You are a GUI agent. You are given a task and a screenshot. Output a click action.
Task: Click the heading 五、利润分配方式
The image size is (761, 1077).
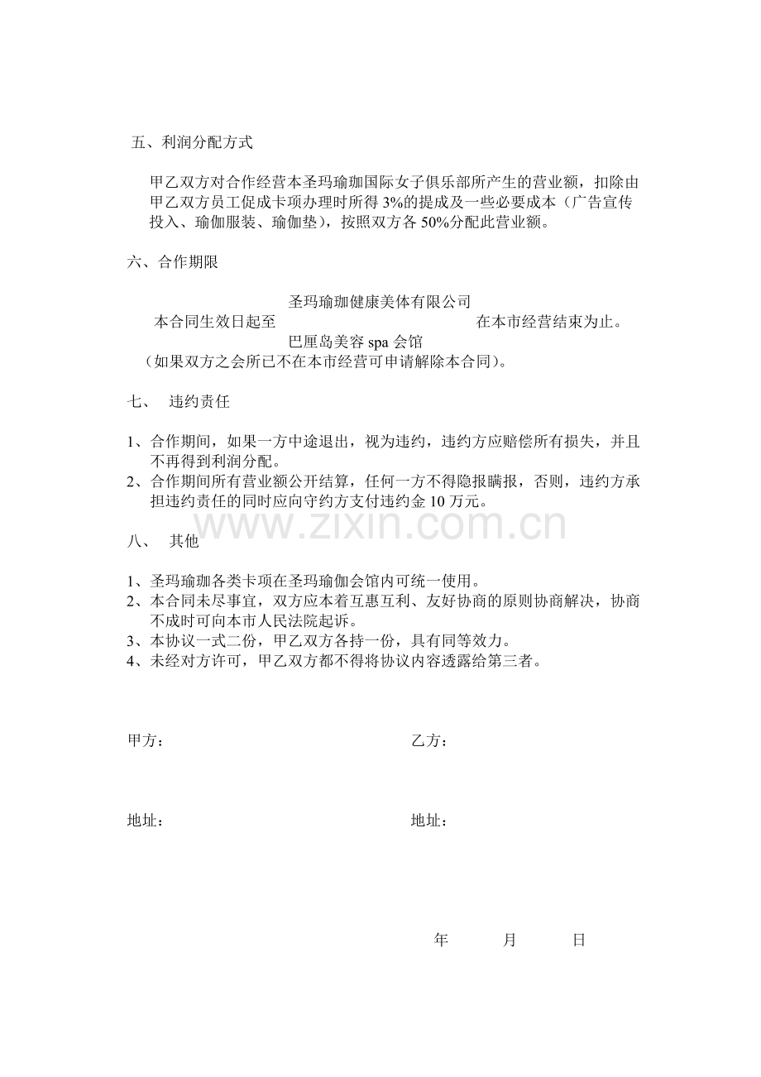pyautogui.click(x=192, y=143)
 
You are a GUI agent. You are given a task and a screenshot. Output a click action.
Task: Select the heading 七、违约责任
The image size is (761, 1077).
pyautogui.click(x=178, y=403)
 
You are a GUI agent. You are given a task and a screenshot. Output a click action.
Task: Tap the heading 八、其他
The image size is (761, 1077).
pyautogui.click(x=163, y=542)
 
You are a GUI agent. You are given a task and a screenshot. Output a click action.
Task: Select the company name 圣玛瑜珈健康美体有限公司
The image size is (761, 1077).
pyautogui.click(x=379, y=302)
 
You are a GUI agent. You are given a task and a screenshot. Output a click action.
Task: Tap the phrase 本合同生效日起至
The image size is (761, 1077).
pyautogui.click(x=215, y=322)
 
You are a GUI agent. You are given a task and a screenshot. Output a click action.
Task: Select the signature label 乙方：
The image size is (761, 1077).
pyautogui.click(x=429, y=741)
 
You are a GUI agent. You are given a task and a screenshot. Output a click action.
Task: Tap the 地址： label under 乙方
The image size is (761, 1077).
pyautogui.click(x=429, y=821)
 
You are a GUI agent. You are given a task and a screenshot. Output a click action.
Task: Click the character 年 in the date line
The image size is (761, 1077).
pyautogui.click(x=441, y=940)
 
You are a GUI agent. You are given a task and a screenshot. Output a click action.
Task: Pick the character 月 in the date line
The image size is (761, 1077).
pyautogui.click(x=510, y=940)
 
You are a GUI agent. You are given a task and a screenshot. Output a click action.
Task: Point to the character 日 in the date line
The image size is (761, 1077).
pyautogui.click(x=579, y=940)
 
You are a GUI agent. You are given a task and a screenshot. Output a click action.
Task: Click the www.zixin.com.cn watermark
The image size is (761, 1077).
pyautogui.click(x=380, y=526)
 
